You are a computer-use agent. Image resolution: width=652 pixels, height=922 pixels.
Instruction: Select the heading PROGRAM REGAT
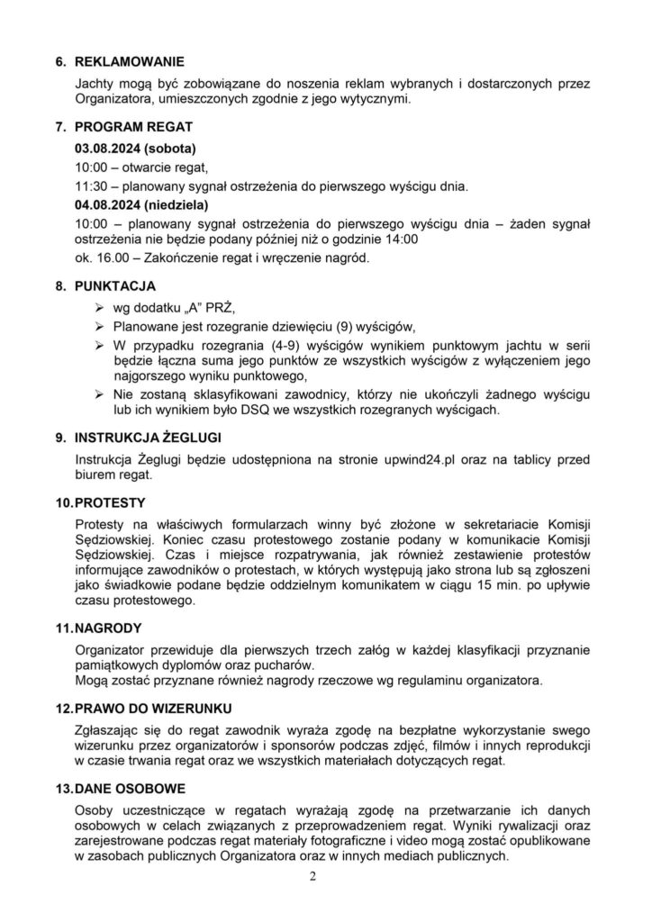(x=132, y=127)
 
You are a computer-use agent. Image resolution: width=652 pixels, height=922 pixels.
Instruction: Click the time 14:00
(x=400, y=240)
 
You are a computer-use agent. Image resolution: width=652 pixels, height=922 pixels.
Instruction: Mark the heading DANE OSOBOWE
(x=129, y=789)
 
